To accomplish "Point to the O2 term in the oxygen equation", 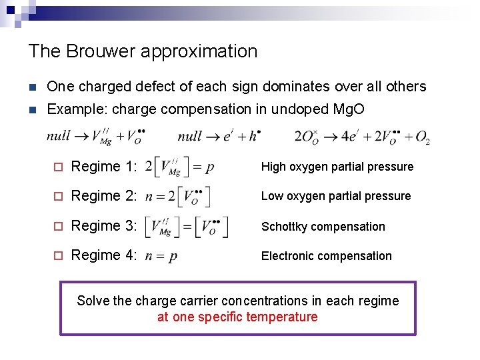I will [x=422, y=137].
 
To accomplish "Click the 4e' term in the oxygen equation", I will [x=350, y=137].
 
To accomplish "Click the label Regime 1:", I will [x=104, y=166].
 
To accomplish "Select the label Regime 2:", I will [x=104, y=196].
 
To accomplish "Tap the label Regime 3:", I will [x=104, y=226].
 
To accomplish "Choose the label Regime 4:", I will [x=104, y=256].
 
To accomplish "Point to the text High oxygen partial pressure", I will [x=337, y=167].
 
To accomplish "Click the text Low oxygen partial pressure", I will [x=335, y=196].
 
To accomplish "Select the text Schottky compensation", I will [x=323, y=227].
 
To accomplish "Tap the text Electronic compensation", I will [x=326, y=256].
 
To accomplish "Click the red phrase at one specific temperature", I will [x=237, y=317].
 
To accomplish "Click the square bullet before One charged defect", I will [x=33, y=87].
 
